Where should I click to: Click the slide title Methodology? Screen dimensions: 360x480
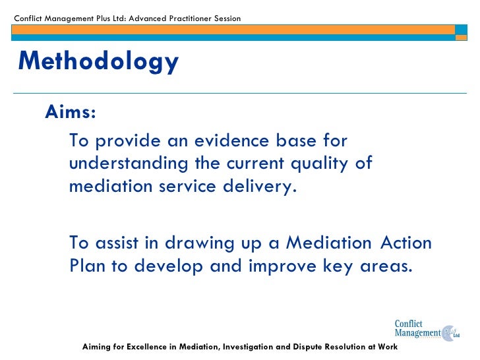click(98, 61)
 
